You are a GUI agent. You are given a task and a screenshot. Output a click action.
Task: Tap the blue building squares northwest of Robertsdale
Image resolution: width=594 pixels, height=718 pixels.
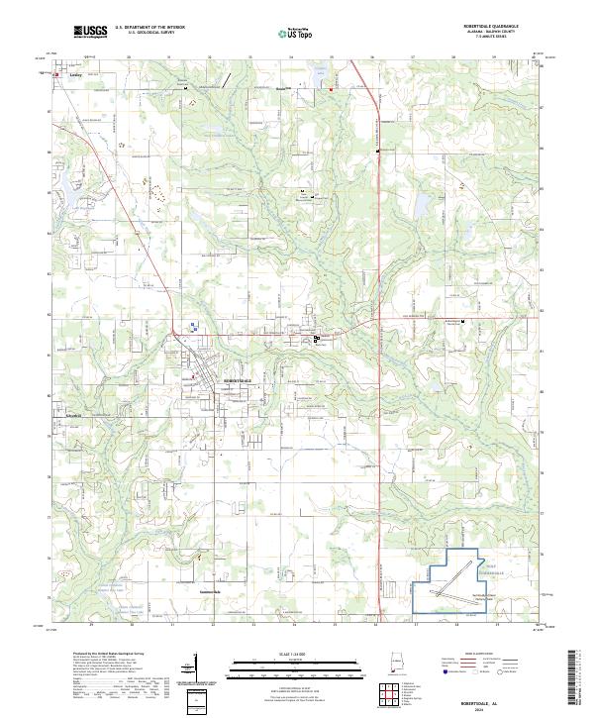pyautogui.click(x=195, y=325)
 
